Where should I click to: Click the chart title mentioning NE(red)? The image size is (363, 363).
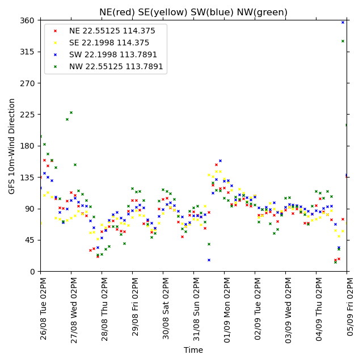pos(193,12)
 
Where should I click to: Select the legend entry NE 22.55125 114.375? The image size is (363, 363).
pos(112,31)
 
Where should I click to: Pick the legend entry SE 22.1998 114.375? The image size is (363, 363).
pos(109,43)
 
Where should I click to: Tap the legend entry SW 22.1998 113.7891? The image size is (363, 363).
pos(113,54)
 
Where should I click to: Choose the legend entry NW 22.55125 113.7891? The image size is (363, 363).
pos(116,67)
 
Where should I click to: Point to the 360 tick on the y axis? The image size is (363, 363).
pos(27,20)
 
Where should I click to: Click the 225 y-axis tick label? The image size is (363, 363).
pos(27,115)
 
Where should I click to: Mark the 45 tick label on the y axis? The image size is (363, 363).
pos(29,240)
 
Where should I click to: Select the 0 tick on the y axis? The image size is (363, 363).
pos(32,272)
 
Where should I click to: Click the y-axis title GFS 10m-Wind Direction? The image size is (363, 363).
pos(11,146)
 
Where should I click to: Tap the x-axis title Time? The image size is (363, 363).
pos(193,350)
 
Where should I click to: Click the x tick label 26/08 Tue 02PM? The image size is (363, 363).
pos(43,309)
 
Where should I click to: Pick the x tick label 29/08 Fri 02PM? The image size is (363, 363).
pos(135,307)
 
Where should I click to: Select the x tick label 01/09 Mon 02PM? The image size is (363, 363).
pos(227,310)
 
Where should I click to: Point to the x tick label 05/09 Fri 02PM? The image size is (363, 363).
pos(349,307)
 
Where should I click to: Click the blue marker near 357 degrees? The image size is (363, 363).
pos(343,23)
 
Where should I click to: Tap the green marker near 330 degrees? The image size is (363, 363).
pos(343,41)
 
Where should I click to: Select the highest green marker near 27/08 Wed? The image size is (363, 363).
pos(71,113)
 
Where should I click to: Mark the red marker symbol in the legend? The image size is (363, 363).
pos(56,31)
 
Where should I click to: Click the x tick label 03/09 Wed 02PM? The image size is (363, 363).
pos(289,310)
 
